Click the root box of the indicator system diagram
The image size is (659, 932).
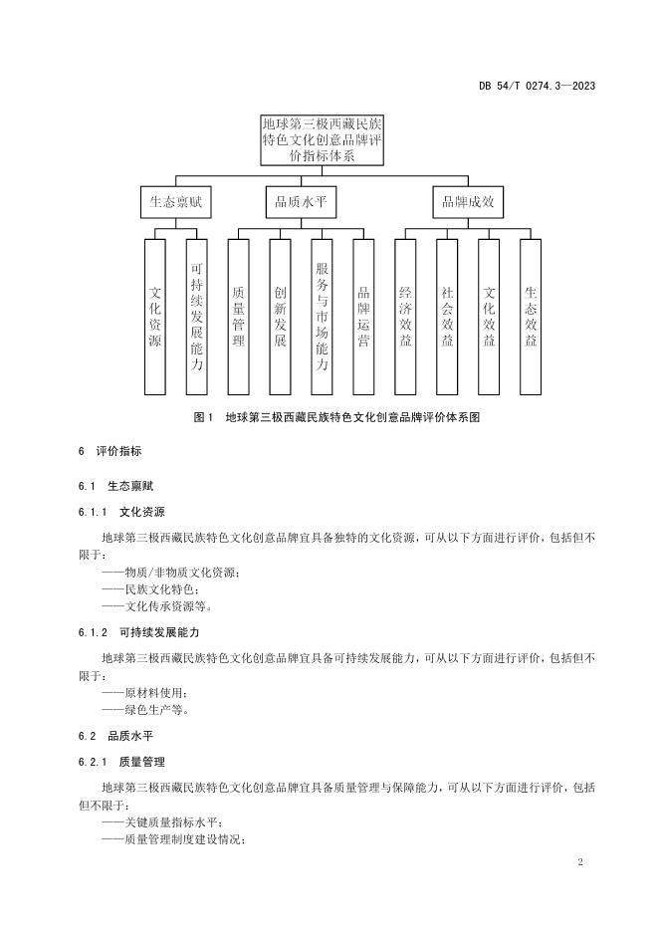[322, 140]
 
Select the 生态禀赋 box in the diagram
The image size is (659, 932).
[176, 203]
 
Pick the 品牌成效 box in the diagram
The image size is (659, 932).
[469, 203]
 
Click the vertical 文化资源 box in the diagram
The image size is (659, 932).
[155, 318]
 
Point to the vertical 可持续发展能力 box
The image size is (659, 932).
[197, 318]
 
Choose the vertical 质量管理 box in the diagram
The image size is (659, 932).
[239, 318]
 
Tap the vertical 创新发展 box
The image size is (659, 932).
[281, 318]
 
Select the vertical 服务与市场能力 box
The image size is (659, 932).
[322, 318]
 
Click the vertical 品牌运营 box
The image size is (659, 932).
[363, 318]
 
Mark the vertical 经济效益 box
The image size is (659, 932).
[405, 318]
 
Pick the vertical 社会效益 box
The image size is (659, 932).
[447, 318]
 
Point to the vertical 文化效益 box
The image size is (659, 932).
[489, 318]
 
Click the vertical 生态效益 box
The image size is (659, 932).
[531, 318]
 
